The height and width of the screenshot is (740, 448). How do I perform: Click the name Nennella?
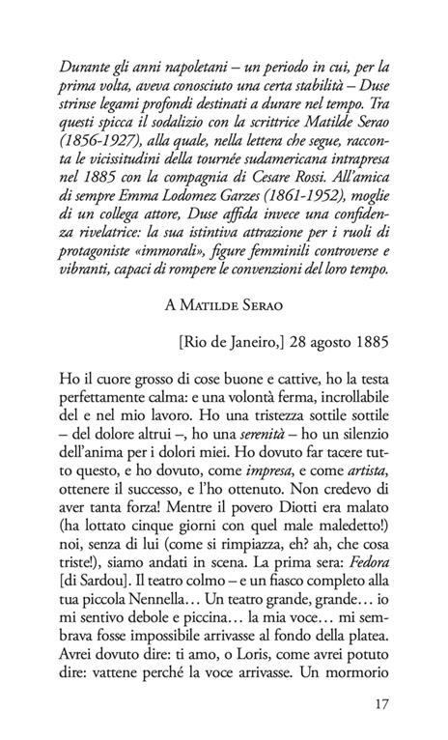(x=143, y=667)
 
